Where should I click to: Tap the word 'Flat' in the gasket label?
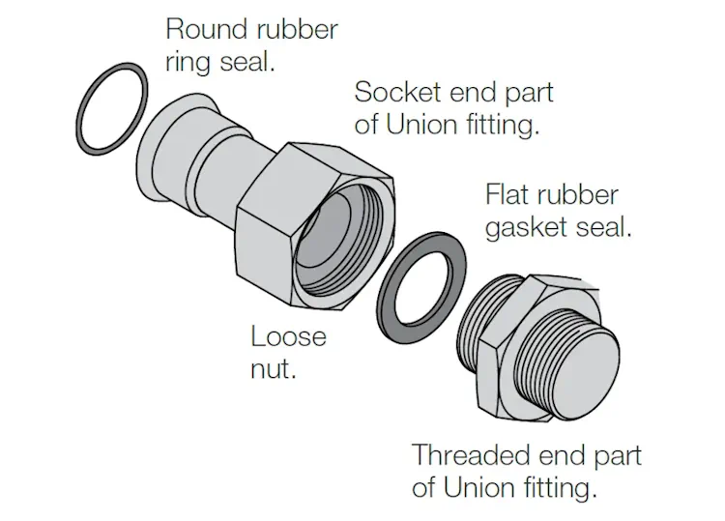[507, 196]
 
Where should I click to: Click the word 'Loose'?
[288, 337]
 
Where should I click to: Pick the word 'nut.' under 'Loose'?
[274, 368]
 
